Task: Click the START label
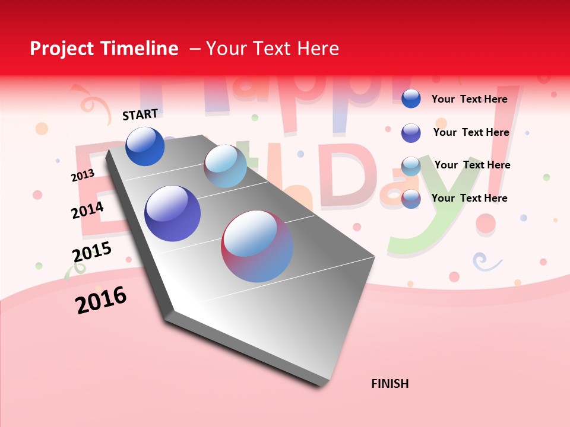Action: (140, 114)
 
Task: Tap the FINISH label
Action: (390, 384)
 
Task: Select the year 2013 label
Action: (83, 176)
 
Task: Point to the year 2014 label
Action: (88, 210)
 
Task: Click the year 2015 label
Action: (92, 252)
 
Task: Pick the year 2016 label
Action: (101, 300)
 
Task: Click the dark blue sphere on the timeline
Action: (145, 146)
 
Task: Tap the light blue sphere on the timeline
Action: (225, 166)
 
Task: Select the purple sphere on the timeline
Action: (172, 213)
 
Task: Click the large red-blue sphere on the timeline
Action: (257, 246)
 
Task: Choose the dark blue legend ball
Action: (411, 98)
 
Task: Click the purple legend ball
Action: (411, 133)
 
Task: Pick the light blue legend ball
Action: (411, 166)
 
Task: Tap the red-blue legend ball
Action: (411, 199)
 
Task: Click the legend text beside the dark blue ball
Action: (470, 99)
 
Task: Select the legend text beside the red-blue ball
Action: (470, 198)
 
